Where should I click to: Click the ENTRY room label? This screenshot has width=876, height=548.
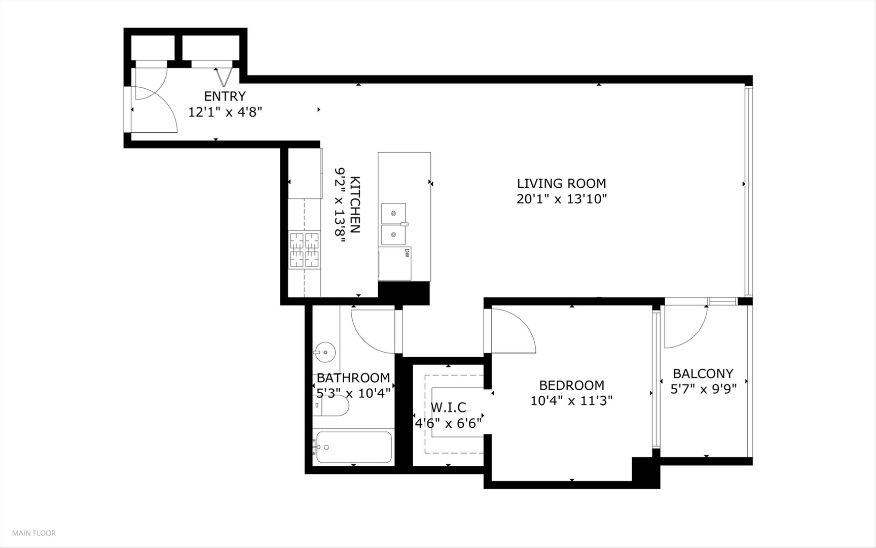pos(225,96)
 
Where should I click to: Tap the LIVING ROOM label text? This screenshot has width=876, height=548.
pos(561,183)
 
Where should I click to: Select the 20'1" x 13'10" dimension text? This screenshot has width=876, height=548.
pos(561,199)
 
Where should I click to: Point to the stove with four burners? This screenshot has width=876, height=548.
pos(304,250)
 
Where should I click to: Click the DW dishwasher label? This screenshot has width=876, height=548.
pos(407,253)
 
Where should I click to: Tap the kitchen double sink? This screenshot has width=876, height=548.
pos(394,224)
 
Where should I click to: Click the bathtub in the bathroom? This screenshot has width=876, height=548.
pos(353,447)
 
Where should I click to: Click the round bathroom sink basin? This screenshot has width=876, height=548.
pos(324,351)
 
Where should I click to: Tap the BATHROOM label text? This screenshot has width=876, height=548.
pos(353,378)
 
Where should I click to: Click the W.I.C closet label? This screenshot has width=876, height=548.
pos(448,407)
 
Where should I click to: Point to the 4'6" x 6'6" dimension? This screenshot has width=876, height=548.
pos(448,423)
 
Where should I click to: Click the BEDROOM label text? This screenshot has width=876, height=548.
pos(571,385)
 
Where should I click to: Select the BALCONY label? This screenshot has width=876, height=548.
pos(703,373)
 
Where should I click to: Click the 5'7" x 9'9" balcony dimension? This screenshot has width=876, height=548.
pos(703,389)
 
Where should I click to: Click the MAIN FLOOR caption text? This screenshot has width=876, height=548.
pos(34,533)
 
